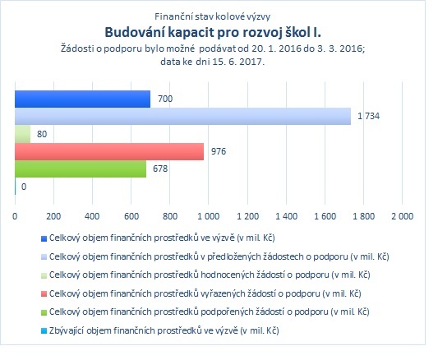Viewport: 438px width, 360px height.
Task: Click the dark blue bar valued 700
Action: coord(83,99)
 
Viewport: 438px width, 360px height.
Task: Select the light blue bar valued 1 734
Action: coord(183,116)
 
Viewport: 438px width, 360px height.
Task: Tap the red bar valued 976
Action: coord(109,152)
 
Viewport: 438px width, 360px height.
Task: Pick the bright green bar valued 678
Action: coord(81,169)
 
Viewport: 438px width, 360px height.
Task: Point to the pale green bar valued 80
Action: coord(23,134)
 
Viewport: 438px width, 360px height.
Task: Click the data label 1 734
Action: coord(369,116)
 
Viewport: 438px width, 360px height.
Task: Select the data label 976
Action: coord(219,151)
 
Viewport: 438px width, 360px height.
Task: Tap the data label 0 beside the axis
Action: coord(24,187)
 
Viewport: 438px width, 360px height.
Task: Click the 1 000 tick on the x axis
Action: coord(209,216)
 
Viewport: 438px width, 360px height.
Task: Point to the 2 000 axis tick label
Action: coord(402,216)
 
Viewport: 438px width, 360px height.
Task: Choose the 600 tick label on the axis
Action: coord(131,216)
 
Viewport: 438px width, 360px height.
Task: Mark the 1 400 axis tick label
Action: coord(286,216)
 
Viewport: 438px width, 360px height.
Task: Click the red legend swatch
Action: coord(44,294)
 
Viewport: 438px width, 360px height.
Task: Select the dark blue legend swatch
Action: coord(44,238)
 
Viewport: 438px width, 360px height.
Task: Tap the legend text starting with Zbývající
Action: coord(164,330)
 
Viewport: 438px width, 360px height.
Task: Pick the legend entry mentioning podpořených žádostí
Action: coord(210,312)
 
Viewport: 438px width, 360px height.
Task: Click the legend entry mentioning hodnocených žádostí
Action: coord(210,275)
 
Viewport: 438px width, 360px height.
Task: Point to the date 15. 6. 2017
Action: coord(238,62)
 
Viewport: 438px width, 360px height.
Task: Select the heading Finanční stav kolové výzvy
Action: coord(213,16)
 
